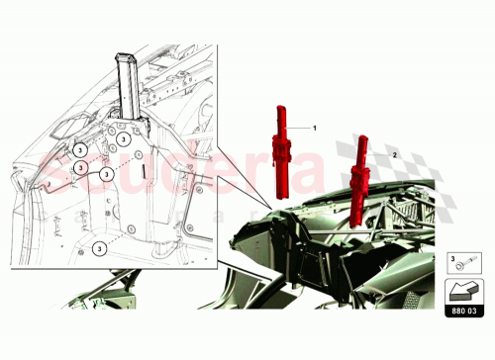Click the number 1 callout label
point(315,129)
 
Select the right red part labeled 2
point(357,183)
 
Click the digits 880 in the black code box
point(456,310)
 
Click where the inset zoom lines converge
point(265,203)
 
